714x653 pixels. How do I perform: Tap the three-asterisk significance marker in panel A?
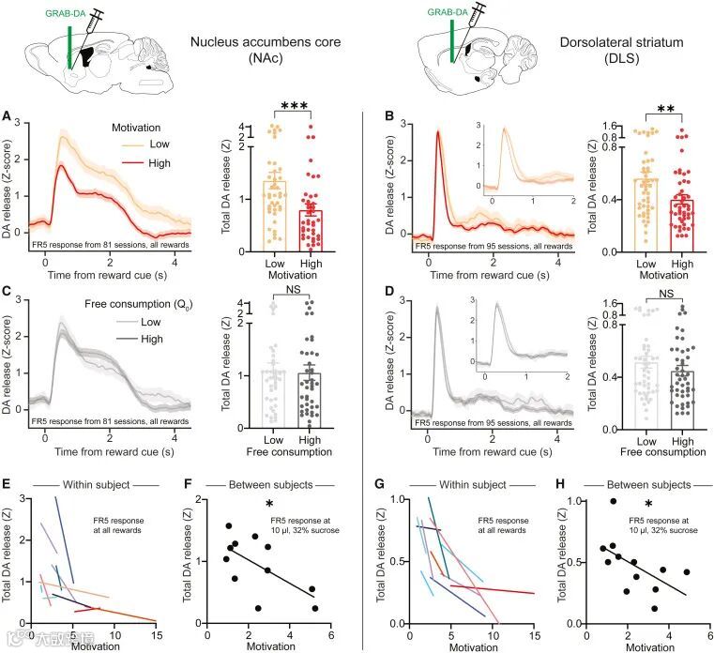tap(302, 108)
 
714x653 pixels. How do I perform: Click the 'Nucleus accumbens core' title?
tap(265, 43)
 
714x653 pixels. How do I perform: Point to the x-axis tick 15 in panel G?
tap(535, 635)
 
